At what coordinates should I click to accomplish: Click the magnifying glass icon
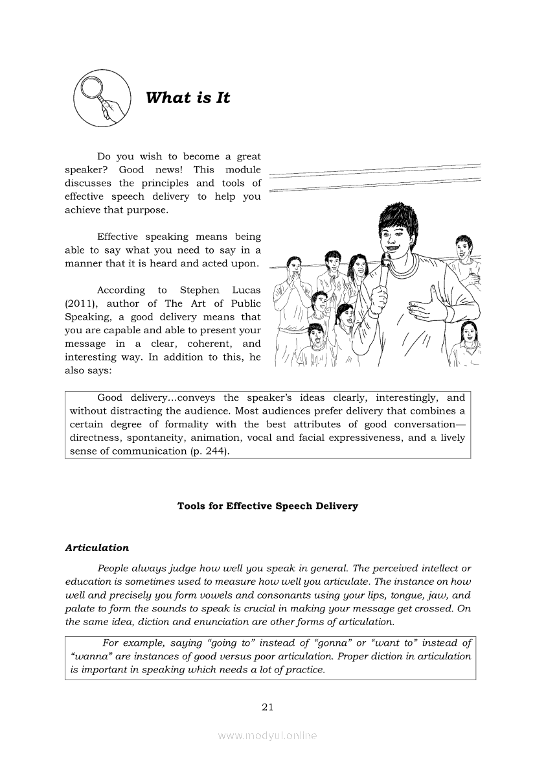(98, 99)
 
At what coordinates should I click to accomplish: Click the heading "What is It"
(188, 98)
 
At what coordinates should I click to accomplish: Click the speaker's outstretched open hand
(428, 305)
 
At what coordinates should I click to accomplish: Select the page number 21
(267, 707)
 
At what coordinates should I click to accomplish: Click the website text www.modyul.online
(267, 735)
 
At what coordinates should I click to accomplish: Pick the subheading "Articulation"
(97, 548)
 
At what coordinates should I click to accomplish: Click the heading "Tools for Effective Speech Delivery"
(267, 506)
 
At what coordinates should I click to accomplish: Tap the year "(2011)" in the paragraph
(81, 303)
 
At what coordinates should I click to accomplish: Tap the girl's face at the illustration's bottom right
(467, 335)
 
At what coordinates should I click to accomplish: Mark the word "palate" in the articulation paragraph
(82, 608)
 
